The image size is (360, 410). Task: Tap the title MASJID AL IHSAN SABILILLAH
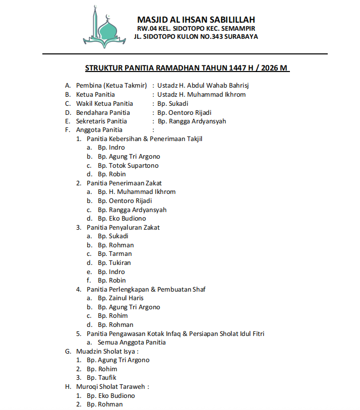(196, 20)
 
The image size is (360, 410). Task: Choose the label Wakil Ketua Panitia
(104, 103)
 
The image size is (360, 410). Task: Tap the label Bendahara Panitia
(103, 112)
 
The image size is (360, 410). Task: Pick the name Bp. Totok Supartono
(128, 165)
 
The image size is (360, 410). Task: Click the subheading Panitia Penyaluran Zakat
(123, 227)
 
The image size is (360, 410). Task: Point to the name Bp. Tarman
(114, 254)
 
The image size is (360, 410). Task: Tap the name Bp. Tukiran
(114, 262)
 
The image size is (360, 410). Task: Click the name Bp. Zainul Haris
(121, 298)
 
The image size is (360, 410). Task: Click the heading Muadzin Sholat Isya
(107, 351)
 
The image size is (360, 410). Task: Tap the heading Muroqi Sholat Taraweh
(112, 386)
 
